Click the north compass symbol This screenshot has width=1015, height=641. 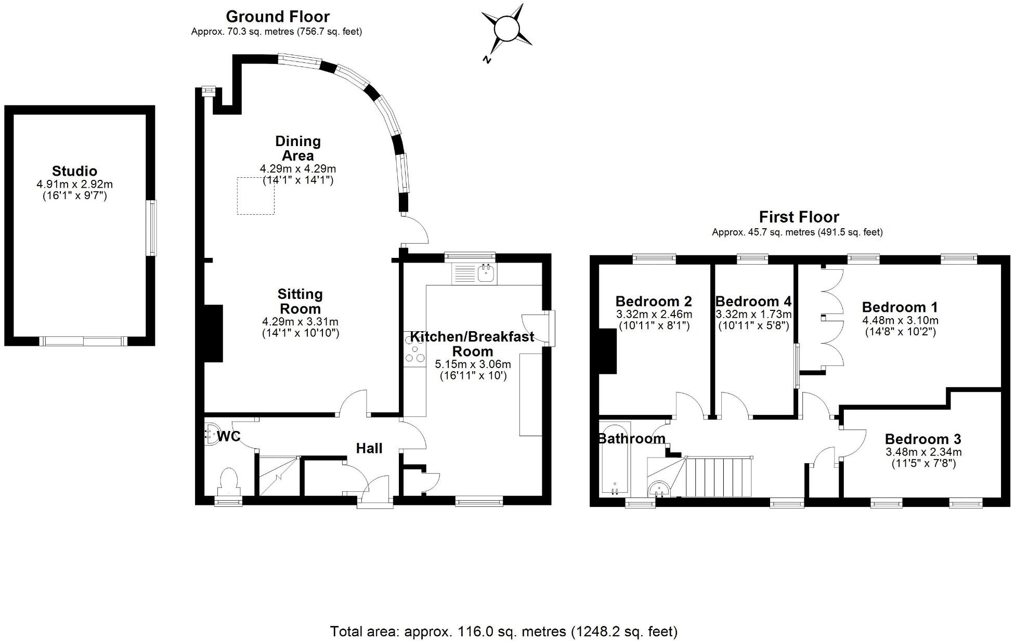click(506, 30)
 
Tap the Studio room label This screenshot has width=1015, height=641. click(74, 171)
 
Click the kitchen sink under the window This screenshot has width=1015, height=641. click(486, 272)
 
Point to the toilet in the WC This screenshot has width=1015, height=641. click(229, 480)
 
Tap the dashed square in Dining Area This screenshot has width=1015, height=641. click(255, 195)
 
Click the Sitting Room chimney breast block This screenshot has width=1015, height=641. click(213, 333)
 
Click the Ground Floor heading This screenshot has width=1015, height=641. click(278, 17)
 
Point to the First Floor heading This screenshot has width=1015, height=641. click(799, 217)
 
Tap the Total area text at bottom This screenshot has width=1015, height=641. click(503, 632)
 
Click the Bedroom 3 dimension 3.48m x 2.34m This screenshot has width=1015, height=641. click(923, 452)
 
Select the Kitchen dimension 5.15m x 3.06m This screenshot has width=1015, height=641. click(473, 364)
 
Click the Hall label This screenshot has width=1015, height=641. click(369, 448)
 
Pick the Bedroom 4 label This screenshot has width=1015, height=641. click(753, 302)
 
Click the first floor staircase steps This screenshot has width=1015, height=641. click(719, 477)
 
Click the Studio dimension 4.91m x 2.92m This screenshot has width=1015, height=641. click(74, 185)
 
